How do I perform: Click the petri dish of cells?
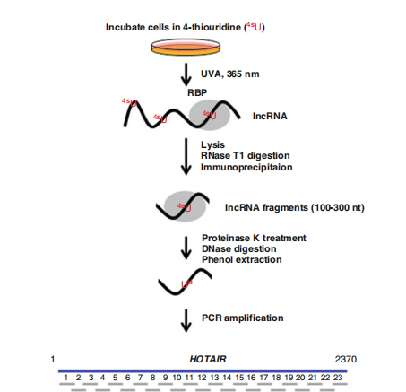tap(186, 47)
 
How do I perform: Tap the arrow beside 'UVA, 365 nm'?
tap(186, 74)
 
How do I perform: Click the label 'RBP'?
tap(197, 92)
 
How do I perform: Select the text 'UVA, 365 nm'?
tap(230, 74)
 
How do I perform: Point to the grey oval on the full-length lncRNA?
tap(210, 115)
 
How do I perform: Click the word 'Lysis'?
tap(212, 144)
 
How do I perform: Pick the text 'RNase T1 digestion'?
tap(246, 155)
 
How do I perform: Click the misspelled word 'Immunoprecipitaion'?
tap(246, 167)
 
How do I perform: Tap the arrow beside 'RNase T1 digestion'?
tap(186, 156)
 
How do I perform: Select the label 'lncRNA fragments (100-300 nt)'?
tap(295, 207)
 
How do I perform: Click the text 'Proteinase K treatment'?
tap(254, 238)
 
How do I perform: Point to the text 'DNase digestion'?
tap(239, 248)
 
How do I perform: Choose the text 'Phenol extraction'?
tap(242, 259)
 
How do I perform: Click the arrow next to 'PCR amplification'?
tap(186, 320)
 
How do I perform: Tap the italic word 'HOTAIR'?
tap(208, 359)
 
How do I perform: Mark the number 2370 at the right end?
tap(346, 359)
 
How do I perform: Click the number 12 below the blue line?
tap(202, 378)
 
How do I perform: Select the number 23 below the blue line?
tap(338, 378)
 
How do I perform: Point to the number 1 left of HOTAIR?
tap(53, 359)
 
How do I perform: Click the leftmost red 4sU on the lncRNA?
tap(129, 102)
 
